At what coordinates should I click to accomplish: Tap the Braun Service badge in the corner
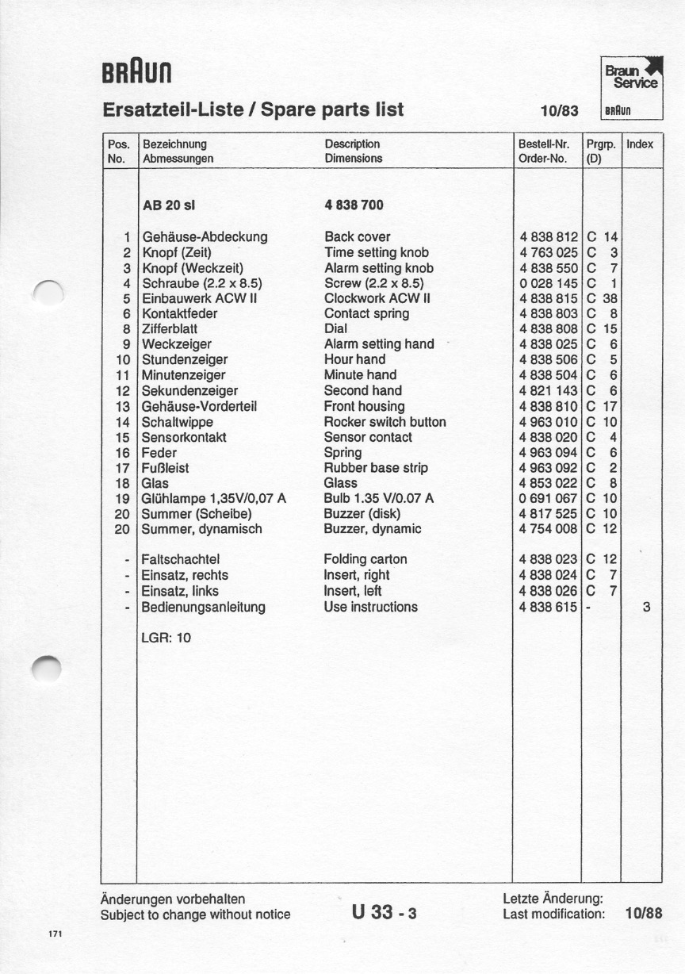[x=631, y=86]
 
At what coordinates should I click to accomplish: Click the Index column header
[x=640, y=144]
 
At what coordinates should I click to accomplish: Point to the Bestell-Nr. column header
[x=544, y=144]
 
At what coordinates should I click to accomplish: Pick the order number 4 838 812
[x=548, y=236]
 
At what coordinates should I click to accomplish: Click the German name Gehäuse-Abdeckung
[x=205, y=236]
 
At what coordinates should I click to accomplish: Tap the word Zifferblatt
[x=170, y=328]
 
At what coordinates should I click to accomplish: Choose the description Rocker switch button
[x=385, y=422]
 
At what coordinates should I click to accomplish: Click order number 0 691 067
[x=548, y=498]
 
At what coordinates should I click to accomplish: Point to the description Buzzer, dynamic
[x=373, y=529]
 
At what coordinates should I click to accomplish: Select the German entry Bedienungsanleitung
[x=203, y=607]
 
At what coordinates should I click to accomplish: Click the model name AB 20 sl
[x=168, y=205]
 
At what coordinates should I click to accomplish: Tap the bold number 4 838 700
[x=354, y=205]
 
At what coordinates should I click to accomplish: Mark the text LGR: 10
[x=166, y=637]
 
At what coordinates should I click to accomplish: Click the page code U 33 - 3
[x=384, y=913]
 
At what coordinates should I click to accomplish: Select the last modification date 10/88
[x=643, y=914]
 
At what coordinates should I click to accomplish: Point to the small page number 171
[x=55, y=934]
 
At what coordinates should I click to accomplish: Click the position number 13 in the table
[x=122, y=406]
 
